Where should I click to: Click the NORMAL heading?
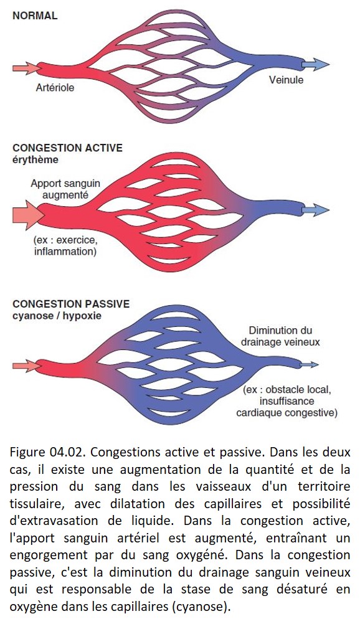tap(35, 16)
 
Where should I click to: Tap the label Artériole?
tap(55, 87)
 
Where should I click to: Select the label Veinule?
tap(286, 80)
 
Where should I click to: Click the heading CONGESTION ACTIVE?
tap(68, 148)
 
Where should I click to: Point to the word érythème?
tap(36, 160)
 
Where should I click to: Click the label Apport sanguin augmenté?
tap(65, 189)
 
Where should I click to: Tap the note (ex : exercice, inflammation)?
tap(65, 246)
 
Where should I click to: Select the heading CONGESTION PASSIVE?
tap(71, 304)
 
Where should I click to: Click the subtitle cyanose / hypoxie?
tap(57, 316)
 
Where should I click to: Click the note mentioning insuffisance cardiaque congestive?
tap(287, 401)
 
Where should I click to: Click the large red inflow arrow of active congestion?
tap(28, 215)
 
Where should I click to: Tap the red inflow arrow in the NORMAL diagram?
tap(27, 69)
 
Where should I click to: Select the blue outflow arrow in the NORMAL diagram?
tap(315, 64)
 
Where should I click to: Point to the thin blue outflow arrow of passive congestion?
tap(309, 364)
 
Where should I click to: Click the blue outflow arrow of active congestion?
tap(315, 210)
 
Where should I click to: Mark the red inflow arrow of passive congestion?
tap(27, 366)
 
